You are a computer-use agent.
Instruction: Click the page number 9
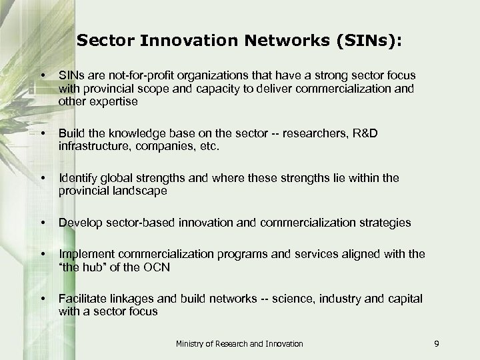point(435,343)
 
